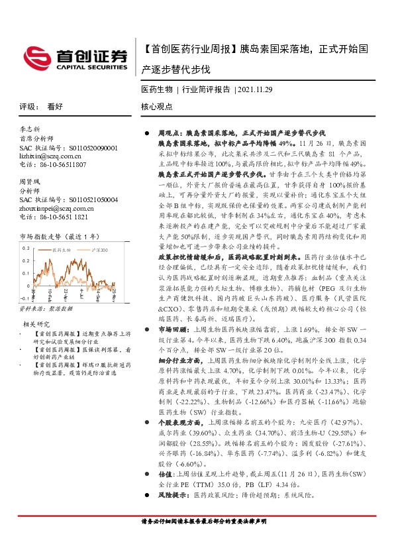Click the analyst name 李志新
30,129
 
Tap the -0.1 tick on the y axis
25,290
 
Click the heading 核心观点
156,106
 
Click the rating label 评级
27,106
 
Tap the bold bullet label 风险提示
171,494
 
